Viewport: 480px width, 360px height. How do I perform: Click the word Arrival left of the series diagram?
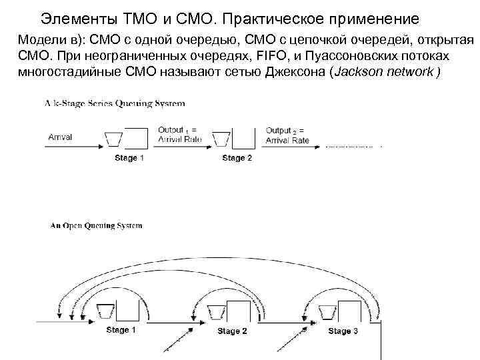tap(61, 137)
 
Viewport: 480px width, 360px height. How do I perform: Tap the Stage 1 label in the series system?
tap(129, 158)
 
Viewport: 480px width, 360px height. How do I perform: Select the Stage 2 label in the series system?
tap(237, 158)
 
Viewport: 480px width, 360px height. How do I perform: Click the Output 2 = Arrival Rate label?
tap(287, 135)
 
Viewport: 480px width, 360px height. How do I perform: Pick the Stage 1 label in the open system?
tap(121, 330)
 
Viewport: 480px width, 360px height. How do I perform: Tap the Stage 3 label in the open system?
tap(343, 331)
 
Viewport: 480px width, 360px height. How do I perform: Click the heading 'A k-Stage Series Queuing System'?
tap(115, 104)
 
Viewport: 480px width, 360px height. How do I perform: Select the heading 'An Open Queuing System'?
tap(97, 226)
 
